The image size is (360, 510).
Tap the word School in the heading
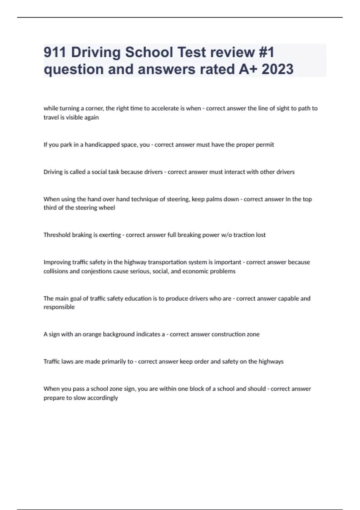click(x=149, y=52)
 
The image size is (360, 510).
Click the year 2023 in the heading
click(x=277, y=69)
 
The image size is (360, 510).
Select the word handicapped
click(x=102, y=145)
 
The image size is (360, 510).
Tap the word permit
click(x=265, y=145)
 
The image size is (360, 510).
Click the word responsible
click(x=59, y=307)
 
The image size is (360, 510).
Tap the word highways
click(x=271, y=361)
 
